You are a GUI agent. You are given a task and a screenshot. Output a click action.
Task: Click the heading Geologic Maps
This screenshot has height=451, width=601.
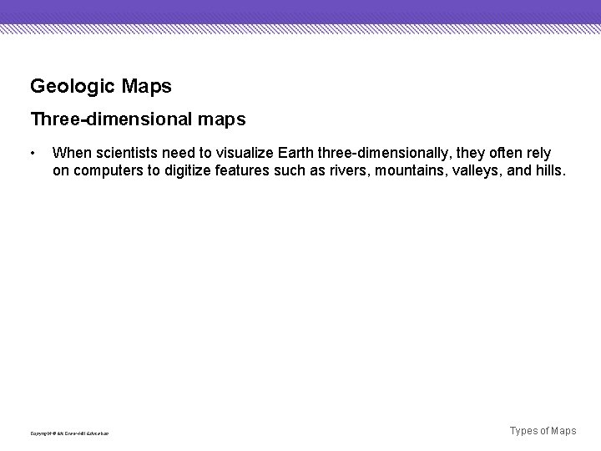pos(101,86)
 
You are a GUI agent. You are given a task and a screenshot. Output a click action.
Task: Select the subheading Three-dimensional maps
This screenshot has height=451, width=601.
pos(138,119)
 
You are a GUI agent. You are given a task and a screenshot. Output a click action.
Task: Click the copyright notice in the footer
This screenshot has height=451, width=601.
pos(69,433)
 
